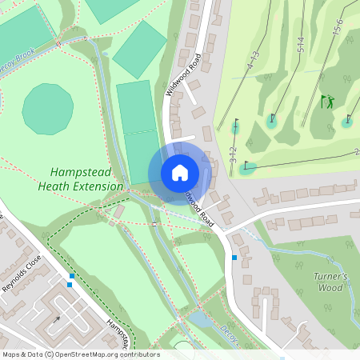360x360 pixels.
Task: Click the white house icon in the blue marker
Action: point(180,172)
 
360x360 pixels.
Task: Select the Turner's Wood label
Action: point(330,282)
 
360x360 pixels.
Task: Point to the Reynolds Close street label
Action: point(19,277)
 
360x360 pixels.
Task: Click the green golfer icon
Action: point(326,102)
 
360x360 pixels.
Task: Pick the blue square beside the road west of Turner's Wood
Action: point(234,258)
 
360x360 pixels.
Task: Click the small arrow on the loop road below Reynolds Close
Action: point(56,320)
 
